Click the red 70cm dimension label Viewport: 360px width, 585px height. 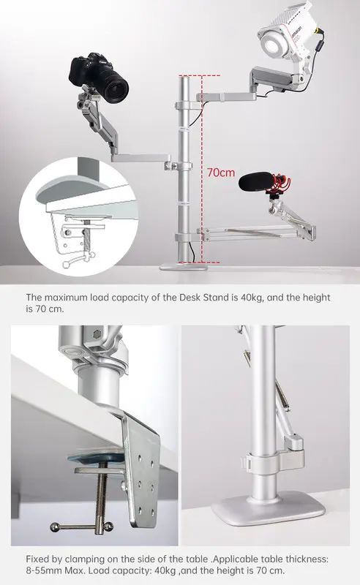coord(221,173)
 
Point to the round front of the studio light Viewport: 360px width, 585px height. coord(274,42)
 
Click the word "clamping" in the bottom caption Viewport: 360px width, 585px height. coord(85,559)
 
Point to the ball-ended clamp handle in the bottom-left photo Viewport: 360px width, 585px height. coord(81,526)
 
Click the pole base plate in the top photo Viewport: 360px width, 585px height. coord(184,266)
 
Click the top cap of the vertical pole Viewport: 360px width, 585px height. coord(184,77)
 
